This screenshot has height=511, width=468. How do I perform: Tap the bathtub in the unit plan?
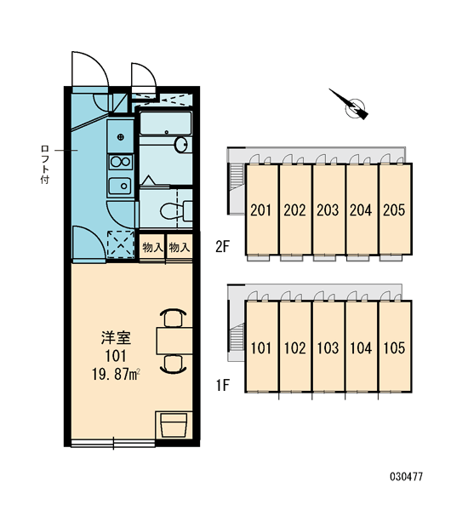(x=165, y=123)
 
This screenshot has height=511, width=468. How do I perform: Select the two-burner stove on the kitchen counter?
(x=121, y=162)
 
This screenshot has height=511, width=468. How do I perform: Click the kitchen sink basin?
(x=119, y=186)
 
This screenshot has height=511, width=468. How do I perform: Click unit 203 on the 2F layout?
(x=328, y=210)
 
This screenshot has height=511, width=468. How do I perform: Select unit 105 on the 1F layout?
(x=395, y=347)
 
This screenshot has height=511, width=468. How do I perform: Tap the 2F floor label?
(x=223, y=247)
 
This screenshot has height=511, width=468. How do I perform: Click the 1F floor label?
(x=223, y=385)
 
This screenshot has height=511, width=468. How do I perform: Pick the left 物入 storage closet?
(x=152, y=247)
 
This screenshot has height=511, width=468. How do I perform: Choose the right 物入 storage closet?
(x=180, y=247)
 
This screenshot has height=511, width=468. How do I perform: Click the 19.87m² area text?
(x=116, y=375)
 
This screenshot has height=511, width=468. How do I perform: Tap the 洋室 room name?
(x=116, y=337)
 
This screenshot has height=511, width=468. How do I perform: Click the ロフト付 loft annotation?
(x=45, y=164)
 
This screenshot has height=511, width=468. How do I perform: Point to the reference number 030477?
(x=406, y=477)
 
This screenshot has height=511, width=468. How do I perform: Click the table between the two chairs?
(x=174, y=341)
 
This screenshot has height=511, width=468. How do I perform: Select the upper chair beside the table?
(x=174, y=318)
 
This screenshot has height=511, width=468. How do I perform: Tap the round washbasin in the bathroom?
(x=181, y=145)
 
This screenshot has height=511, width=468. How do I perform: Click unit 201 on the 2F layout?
(x=261, y=210)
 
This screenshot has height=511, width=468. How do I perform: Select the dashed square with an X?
(x=121, y=244)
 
